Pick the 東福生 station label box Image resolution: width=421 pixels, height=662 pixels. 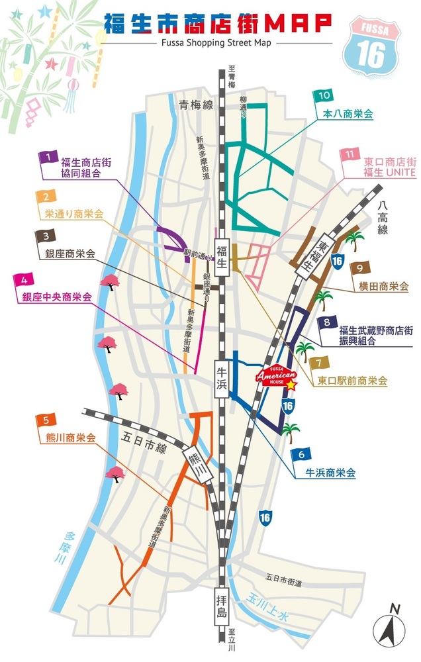[310, 251]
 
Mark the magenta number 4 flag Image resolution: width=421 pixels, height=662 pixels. [24, 279]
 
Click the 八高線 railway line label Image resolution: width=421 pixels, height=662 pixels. [382, 218]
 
